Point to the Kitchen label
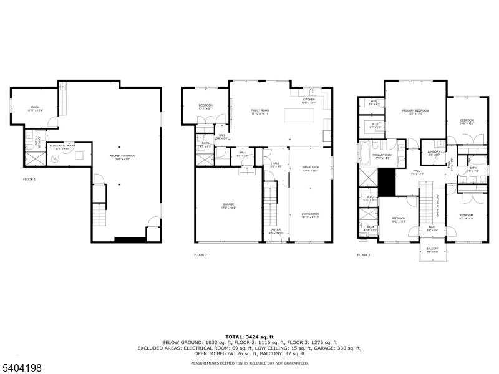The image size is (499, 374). [309, 100]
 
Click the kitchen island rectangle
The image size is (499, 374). [299, 117]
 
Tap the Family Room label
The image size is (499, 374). [259, 112]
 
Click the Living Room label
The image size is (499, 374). [310, 216]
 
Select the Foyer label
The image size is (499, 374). [275, 231]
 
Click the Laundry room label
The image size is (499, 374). [434, 153]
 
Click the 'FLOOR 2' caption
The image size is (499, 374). [200, 254]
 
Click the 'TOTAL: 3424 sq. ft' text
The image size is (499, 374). [249, 337]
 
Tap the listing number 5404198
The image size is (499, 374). [22, 368]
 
